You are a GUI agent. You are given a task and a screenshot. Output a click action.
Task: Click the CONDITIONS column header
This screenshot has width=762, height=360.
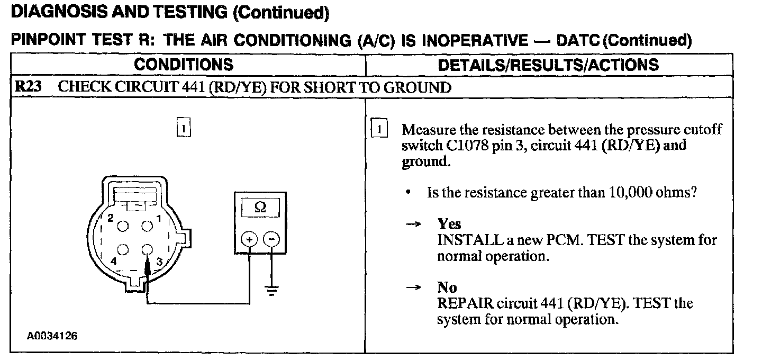tap(184, 65)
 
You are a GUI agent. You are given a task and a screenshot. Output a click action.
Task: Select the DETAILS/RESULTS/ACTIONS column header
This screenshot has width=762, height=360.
tap(549, 65)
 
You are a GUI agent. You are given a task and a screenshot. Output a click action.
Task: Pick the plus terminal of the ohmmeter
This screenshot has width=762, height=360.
tap(249, 240)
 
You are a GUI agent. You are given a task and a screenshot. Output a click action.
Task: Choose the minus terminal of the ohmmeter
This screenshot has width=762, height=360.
tap(271, 240)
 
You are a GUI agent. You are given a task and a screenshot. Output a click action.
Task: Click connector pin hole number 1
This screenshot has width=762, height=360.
tap(147, 226)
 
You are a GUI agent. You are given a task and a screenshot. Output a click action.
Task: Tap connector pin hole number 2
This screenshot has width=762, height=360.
tap(123, 226)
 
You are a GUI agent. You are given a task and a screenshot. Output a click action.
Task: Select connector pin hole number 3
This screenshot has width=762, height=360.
tap(147, 249)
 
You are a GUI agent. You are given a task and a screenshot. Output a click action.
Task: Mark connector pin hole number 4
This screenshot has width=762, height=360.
tap(123, 249)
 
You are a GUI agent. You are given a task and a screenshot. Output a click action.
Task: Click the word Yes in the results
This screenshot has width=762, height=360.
tap(449, 224)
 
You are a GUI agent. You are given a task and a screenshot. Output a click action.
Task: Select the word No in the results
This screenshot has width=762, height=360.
tap(447, 287)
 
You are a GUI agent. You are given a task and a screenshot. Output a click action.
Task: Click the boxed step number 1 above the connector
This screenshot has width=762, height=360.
tap(183, 129)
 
